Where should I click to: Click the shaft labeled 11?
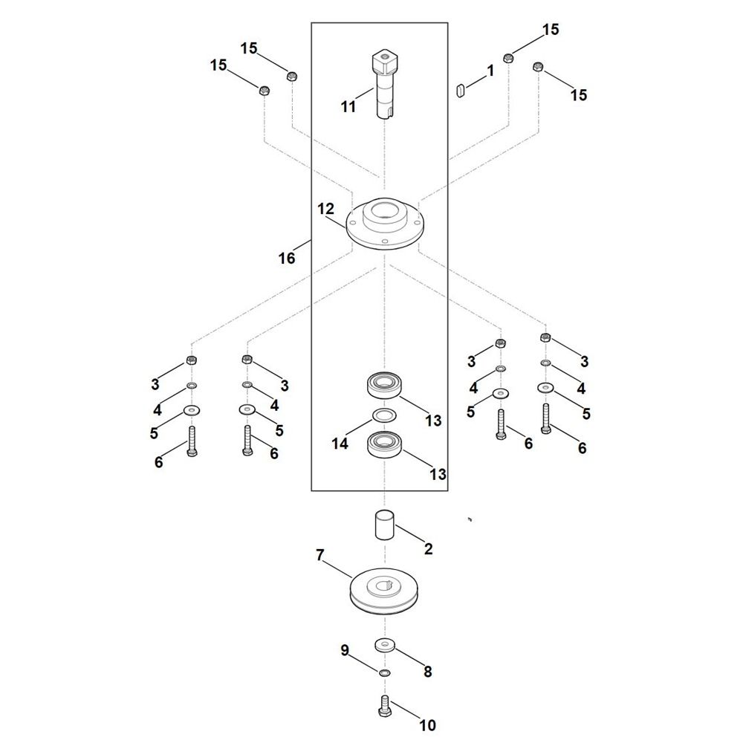[x=384, y=85]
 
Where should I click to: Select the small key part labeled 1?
[x=460, y=90]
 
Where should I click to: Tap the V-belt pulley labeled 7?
[x=384, y=591]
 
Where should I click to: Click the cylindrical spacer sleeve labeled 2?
[x=385, y=524]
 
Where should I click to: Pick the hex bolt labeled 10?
[x=384, y=705]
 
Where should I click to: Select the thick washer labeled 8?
[x=384, y=645]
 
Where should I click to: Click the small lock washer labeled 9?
[x=384, y=673]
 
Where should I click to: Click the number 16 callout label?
[x=287, y=259]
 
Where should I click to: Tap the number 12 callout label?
[x=325, y=209]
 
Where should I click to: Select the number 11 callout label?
[x=348, y=106]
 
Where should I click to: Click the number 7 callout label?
[x=320, y=554]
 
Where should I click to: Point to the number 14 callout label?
[x=340, y=444]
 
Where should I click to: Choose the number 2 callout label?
[x=429, y=549]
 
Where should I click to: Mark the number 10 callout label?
[x=427, y=725]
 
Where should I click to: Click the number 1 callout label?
[x=490, y=71]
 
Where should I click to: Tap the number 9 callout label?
[x=345, y=650]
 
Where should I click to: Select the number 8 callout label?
[x=427, y=672]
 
